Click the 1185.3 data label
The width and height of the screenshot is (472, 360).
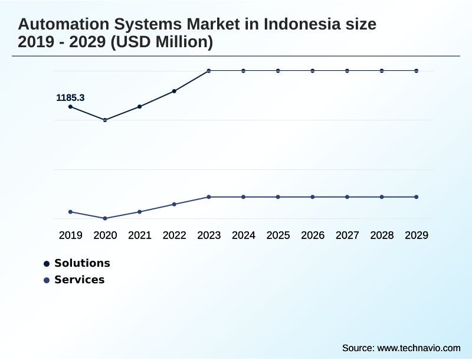click(x=70, y=98)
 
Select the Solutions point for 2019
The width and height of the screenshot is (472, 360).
click(x=71, y=107)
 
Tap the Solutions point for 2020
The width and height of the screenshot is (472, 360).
click(x=105, y=120)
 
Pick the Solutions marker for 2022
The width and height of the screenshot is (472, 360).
click(x=174, y=91)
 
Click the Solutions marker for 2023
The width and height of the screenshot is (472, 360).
click(x=209, y=71)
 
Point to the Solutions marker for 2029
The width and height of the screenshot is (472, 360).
click(x=417, y=71)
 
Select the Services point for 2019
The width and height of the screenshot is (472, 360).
click(x=71, y=212)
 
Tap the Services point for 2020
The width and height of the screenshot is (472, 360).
click(x=105, y=218)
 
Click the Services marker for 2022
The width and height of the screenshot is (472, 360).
click(x=174, y=204)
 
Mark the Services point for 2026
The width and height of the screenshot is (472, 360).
click(x=313, y=197)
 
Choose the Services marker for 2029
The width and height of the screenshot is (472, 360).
click(x=417, y=197)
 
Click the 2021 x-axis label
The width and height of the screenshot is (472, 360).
click(x=140, y=235)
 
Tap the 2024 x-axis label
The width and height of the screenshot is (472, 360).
click(x=244, y=235)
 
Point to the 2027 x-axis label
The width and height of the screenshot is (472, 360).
click(x=348, y=235)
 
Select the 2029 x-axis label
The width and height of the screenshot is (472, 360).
click(x=417, y=235)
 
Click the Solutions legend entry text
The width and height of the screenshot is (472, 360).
click(x=82, y=263)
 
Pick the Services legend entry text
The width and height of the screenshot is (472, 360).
click(x=79, y=280)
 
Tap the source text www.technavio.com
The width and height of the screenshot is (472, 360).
click(x=418, y=348)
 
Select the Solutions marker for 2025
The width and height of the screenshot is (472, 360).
click(x=278, y=71)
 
